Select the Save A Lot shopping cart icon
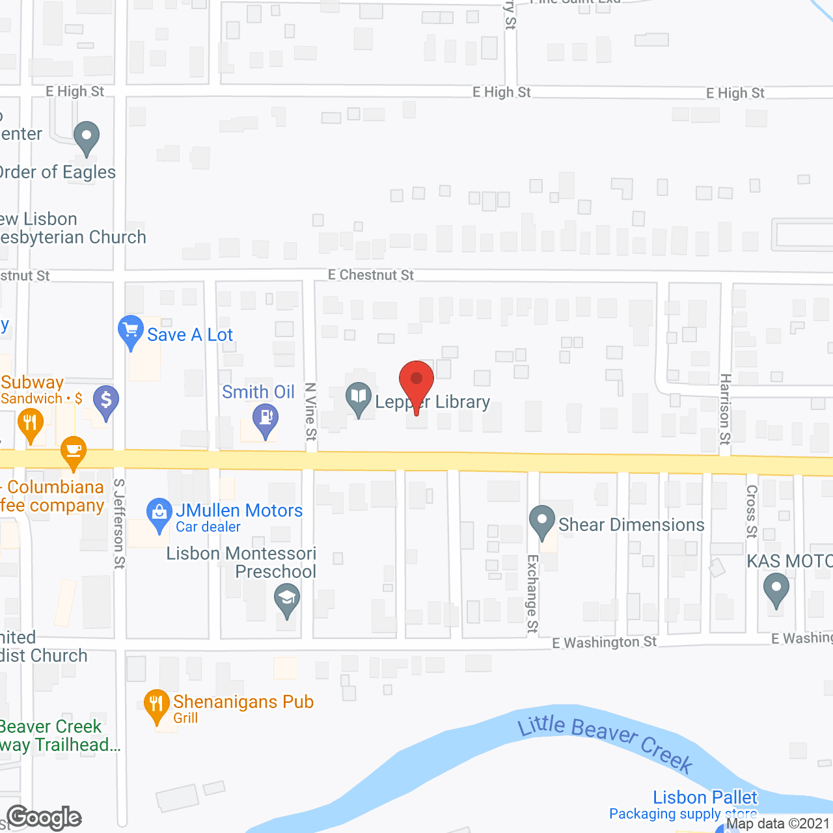pos(131,331)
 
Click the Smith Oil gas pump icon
pos(265,418)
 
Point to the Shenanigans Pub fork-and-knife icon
pos(156,705)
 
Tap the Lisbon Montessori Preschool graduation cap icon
pos(286,599)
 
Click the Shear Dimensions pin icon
pos(541,521)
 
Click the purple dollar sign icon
pos(106,400)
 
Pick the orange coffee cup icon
pos(73,450)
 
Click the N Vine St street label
pos(310,411)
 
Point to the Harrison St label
pos(725,409)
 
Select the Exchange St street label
pos(532,594)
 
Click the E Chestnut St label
pos(370,275)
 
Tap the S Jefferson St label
pos(119,523)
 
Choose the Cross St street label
pos(752,511)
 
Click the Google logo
pos(44,817)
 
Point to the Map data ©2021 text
pos(778,823)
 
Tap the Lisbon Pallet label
pos(705,797)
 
